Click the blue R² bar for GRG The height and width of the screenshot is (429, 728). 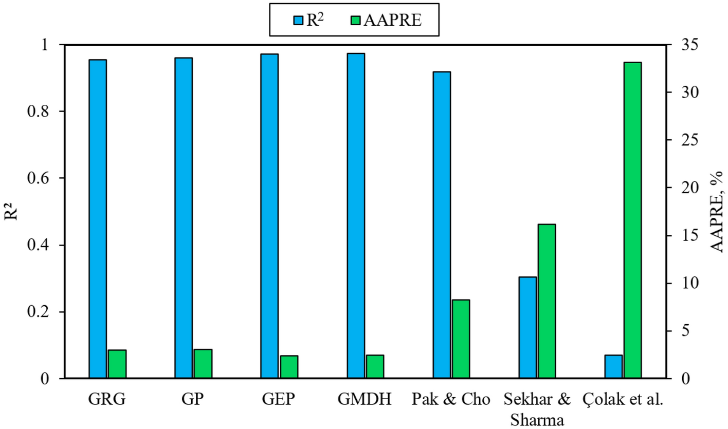click(x=98, y=219)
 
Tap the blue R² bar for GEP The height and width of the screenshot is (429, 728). click(x=269, y=216)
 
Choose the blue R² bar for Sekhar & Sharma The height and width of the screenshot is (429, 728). click(x=527, y=328)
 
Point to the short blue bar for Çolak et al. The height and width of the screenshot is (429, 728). click(x=613, y=367)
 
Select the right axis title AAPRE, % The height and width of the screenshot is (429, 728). click(x=717, y=212)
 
